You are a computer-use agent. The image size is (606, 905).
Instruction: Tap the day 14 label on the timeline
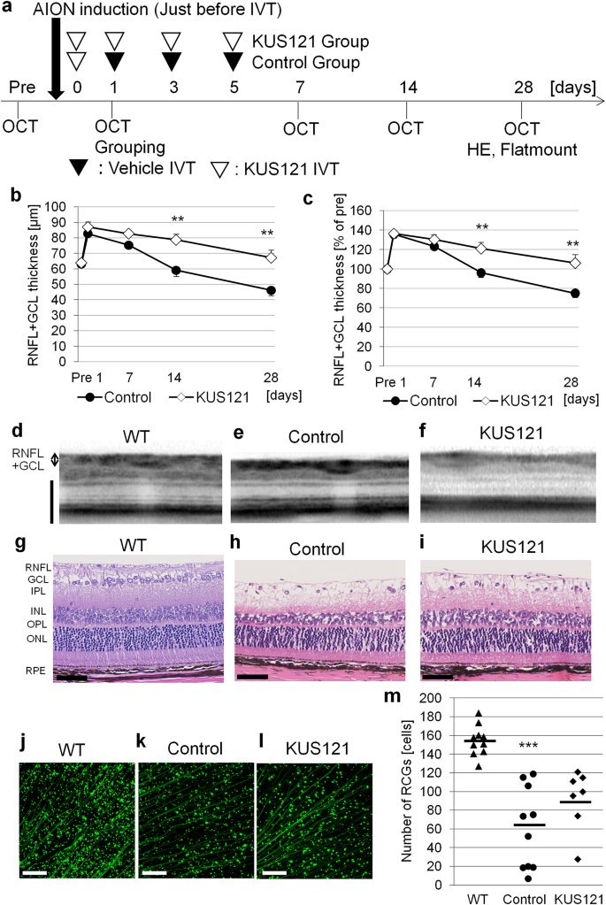coord(408,88)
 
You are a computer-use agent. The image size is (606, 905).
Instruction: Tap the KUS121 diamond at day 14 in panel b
coord(177,240)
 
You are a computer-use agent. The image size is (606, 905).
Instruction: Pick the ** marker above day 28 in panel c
coord(572,245)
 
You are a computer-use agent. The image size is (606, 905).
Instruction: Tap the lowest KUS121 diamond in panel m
coord(577,859)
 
